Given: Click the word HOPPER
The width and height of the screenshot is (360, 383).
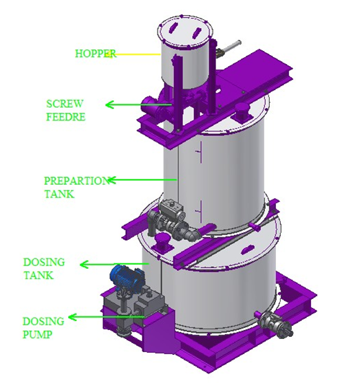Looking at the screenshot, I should click(93, 53).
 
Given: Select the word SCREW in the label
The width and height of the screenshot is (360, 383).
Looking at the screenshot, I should click(60, 104).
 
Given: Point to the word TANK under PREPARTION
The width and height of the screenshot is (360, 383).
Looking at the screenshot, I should click(57, 193).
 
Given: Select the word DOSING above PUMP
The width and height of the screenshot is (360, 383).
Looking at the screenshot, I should click(43, 321).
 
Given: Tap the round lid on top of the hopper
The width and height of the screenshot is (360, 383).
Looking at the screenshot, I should click(184, 29).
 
